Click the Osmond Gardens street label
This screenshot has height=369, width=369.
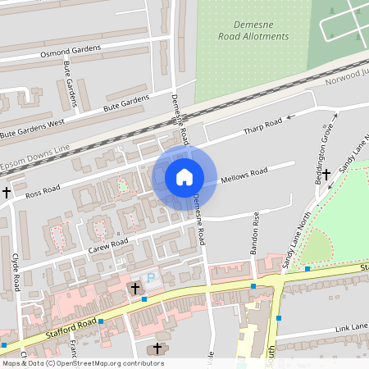coord(70,52)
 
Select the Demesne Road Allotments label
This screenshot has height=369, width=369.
coord(254,31)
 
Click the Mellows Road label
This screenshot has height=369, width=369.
coord(244,175)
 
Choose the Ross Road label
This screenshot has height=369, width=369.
coord(43,193)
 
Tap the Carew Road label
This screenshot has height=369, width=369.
coord(108,244)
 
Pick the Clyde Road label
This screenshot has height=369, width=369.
coord(16,271)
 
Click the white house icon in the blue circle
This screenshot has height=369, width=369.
coord(184,176)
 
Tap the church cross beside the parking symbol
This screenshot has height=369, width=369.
coord(135,288)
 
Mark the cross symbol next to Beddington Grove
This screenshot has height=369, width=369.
coord(326,174)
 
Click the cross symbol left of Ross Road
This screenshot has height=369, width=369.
coord(7,192)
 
